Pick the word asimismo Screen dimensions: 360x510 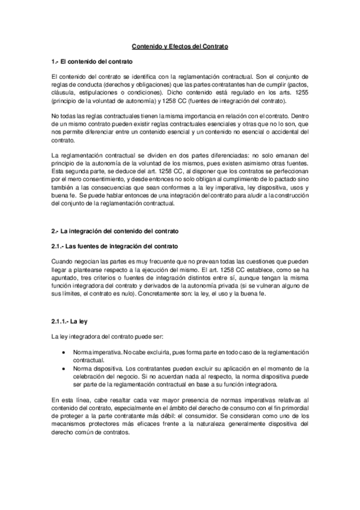pos(248,164)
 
